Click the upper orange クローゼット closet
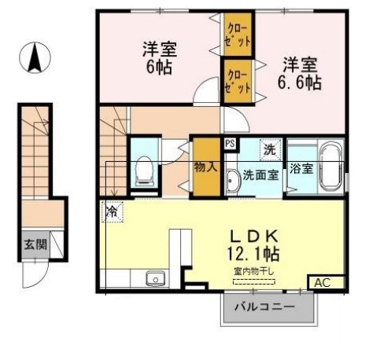click(236, 34)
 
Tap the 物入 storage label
click(205, 167)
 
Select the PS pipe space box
click(230, 144)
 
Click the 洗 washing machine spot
click(270, 149)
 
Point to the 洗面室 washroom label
click(260, 174)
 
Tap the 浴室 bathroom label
click(301, 167)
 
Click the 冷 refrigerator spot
click(112, 211)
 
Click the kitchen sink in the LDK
click(153, 277)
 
